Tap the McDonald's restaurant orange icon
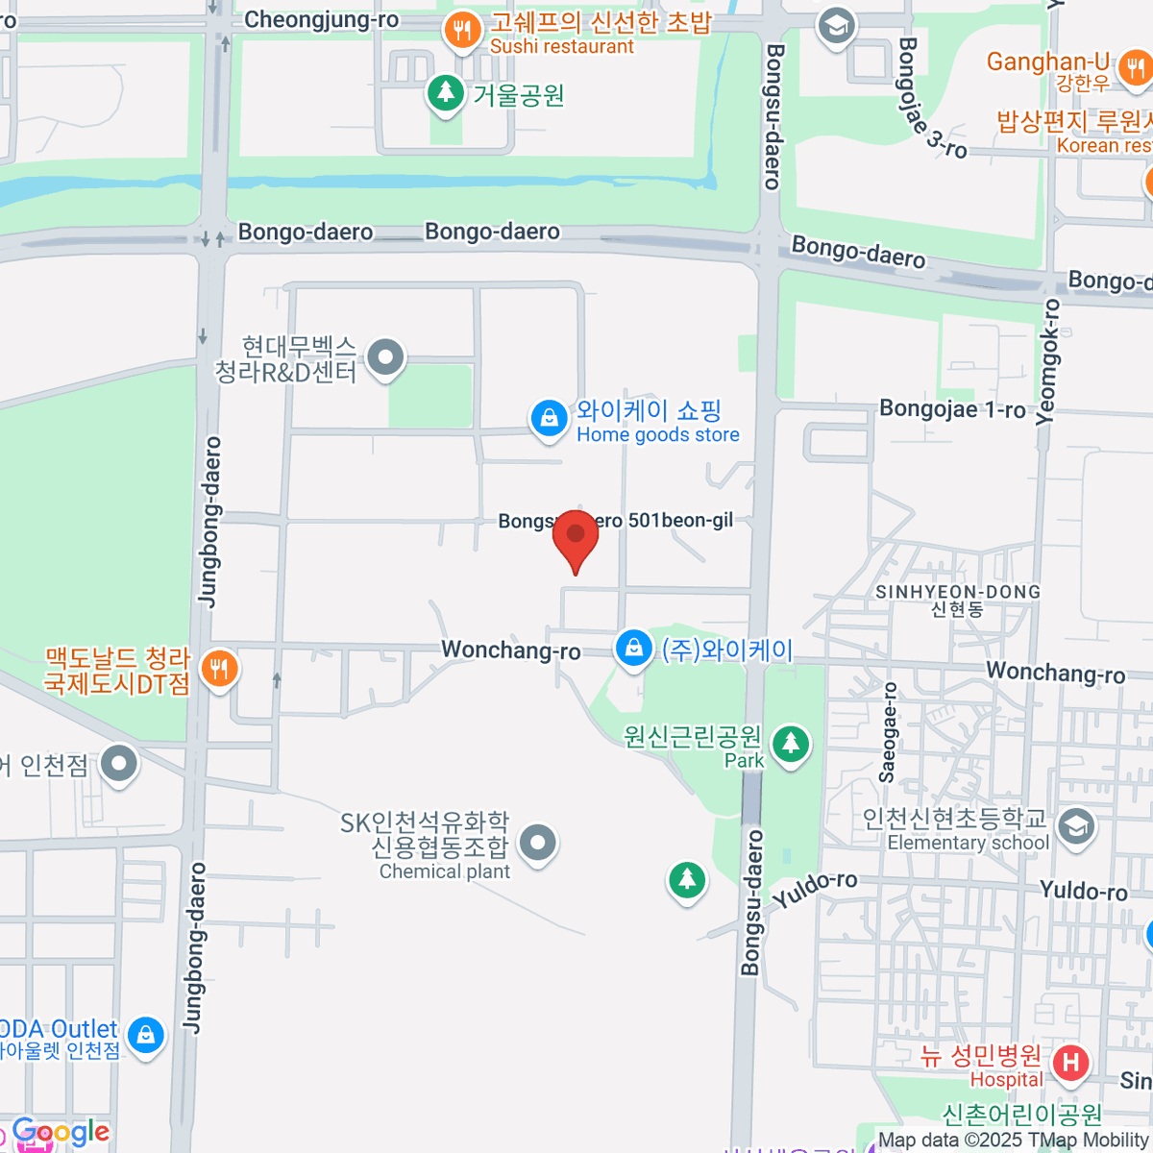click(219, 669)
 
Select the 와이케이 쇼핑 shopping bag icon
click(550, 420)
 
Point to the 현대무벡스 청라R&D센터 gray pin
click(386, 357)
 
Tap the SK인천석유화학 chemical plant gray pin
click(537, 844)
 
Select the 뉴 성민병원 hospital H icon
click(1070, 1063)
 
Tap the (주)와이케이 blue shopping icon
click(633, 649)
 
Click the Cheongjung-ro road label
click(321, 19)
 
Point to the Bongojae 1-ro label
click(952, 409)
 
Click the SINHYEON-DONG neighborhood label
click(958, 592)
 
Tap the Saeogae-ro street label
click(889, 732)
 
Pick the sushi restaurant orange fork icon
click(462, 31)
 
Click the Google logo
click(61, 1132)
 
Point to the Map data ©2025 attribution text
click(1014, 1141)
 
